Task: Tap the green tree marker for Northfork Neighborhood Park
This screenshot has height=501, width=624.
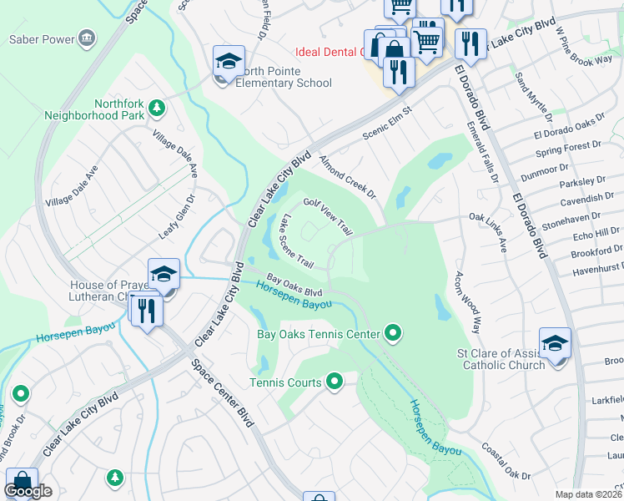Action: tap(156, 108)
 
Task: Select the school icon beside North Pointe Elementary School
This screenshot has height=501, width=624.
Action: tap(229, 62)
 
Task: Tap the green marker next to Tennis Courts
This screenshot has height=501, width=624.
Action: tap(335, 382)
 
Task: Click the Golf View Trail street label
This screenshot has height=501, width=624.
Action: tap(328, 215)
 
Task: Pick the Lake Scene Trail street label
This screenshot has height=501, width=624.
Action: tap(297, 242)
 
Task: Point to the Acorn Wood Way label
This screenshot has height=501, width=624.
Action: tap(467, 302)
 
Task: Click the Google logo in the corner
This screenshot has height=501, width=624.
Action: tap(28, 491)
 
